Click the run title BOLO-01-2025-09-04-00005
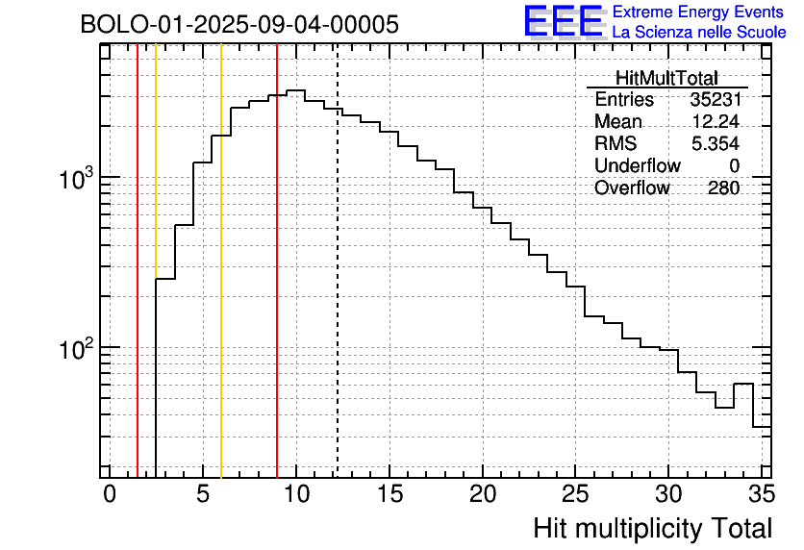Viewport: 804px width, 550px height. point(239,25)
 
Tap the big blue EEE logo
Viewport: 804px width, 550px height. point(563,21)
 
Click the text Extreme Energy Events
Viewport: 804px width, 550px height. point(698,12)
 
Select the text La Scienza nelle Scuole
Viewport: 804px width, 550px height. point(699,33)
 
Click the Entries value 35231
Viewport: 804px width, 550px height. point(715,100)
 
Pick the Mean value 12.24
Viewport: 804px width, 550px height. point(716,122)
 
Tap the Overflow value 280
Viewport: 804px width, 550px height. point(723,188)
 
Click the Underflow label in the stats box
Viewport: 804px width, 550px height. point(637,166)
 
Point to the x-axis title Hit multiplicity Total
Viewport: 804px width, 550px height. point(652,528)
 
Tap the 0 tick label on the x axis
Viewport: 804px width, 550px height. point(110,494)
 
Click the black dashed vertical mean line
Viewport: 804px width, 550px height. point(338,288)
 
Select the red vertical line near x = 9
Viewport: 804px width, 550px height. point(277,288)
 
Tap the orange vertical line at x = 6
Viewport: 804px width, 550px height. point(221,288)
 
